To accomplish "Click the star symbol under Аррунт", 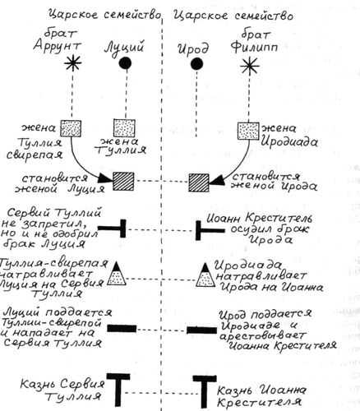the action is pyautogui.click(x=73, y=63).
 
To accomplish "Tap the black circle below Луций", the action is pyautogui.click(x=125, y=63).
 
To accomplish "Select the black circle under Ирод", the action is pyautogui.click(x=196, y=64).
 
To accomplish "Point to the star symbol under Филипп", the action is pyautogui.click(x=249, y=66).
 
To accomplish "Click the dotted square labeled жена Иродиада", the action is pyautogui.click(x=248, y=131).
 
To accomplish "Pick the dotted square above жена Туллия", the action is pyautogui.click(x=124, y=127).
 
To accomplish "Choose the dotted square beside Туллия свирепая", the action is pyautogui.click(x=71, y=128).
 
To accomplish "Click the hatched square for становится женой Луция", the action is pyautogui.click(x=123, y=182).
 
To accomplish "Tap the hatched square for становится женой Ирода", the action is pyautogui.click(x=199, y=182).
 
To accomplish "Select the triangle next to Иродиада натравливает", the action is pyautogui.click(x=205, y=275).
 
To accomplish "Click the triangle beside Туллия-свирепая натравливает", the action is pyautogui.click(x=117, y=274).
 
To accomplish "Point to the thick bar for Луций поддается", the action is pyautogui.click(x=122, y=328).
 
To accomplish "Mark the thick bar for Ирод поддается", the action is pyautogui.click(x=201, y=330).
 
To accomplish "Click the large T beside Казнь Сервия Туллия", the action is pyautogui.click(x=118, y=386).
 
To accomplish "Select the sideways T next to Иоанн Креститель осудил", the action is pyautogui.click(x=210, y=230).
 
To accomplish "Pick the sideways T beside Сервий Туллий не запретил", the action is pyautogui.click(x=113, y=229).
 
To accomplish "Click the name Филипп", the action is pyautogui.click(x=254, y=48).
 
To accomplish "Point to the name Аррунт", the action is pyautogui.click(x=58, y=45).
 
